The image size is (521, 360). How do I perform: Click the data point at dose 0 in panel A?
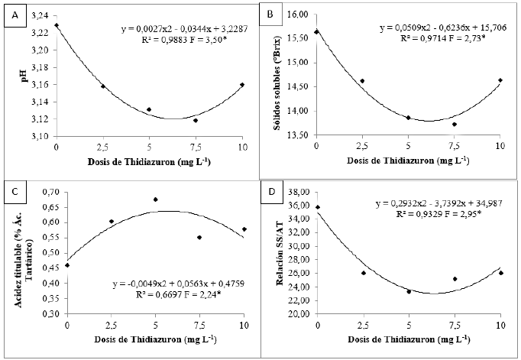[x=57, y=25]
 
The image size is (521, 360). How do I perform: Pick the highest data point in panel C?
[x=155, y=199]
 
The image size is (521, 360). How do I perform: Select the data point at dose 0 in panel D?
[x=317, y=207]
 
